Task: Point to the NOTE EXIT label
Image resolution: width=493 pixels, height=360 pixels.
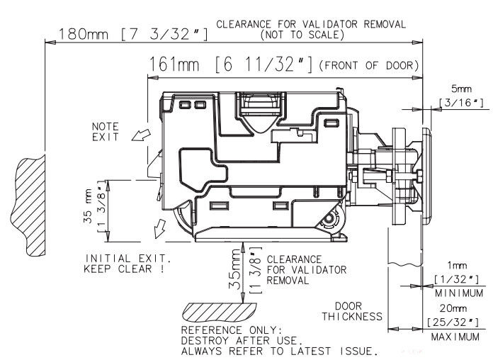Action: pos(106,131)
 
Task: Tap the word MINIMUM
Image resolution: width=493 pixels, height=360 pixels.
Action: pos(458,292)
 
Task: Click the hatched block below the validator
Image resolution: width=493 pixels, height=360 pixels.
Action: pos(215,310)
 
